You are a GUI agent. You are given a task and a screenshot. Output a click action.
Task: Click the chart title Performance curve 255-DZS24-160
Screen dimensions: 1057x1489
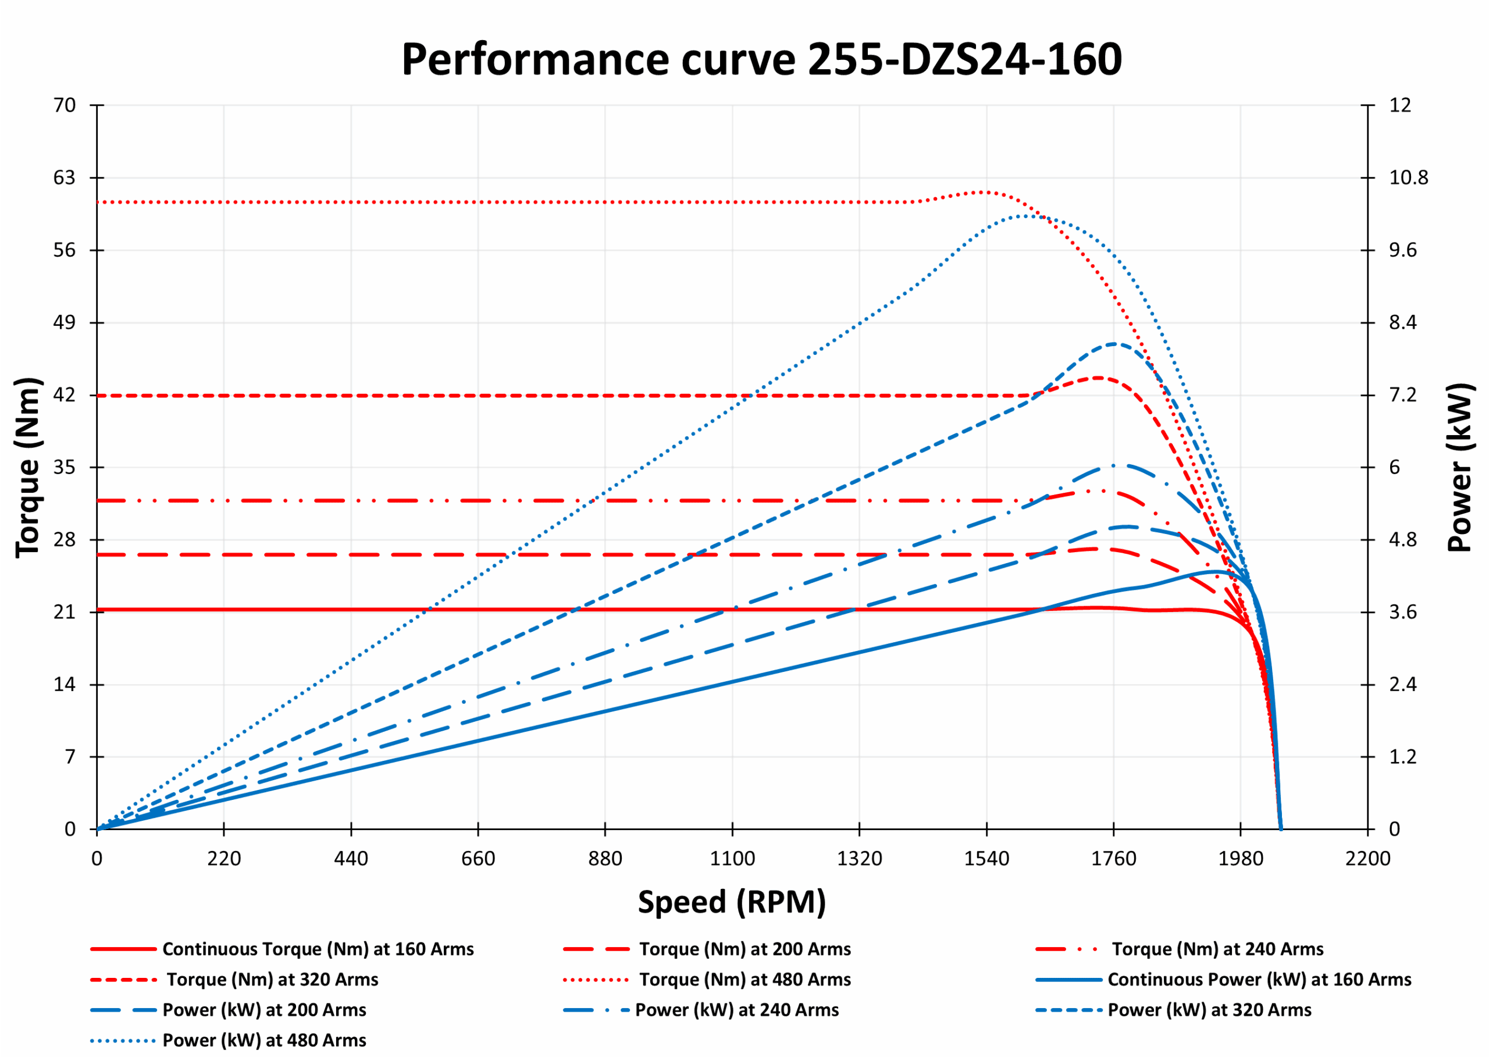click(761, 60)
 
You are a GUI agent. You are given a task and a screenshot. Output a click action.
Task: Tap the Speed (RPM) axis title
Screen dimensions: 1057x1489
click(732, 902)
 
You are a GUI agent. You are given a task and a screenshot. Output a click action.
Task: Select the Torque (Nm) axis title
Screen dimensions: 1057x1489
click(29, 467)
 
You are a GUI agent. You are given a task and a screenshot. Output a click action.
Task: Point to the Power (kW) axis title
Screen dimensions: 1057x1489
click(1460, 467)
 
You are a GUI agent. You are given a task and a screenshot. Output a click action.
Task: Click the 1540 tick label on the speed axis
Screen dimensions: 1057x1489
click(986, 859)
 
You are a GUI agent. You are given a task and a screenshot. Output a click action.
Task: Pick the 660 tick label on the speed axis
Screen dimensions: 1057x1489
click(478, 859)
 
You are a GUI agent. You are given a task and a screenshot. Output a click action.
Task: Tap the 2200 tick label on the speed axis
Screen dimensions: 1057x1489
click(1367, 859)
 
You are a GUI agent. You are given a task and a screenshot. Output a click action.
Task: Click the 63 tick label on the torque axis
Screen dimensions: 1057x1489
click(65, 177)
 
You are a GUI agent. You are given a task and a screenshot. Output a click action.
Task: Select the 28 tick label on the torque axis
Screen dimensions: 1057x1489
click(65, 540)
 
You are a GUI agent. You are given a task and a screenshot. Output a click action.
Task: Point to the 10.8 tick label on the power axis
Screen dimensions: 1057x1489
click(1408, 177)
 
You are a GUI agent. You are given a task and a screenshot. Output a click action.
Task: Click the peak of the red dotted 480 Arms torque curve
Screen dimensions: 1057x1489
click(986, 192)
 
